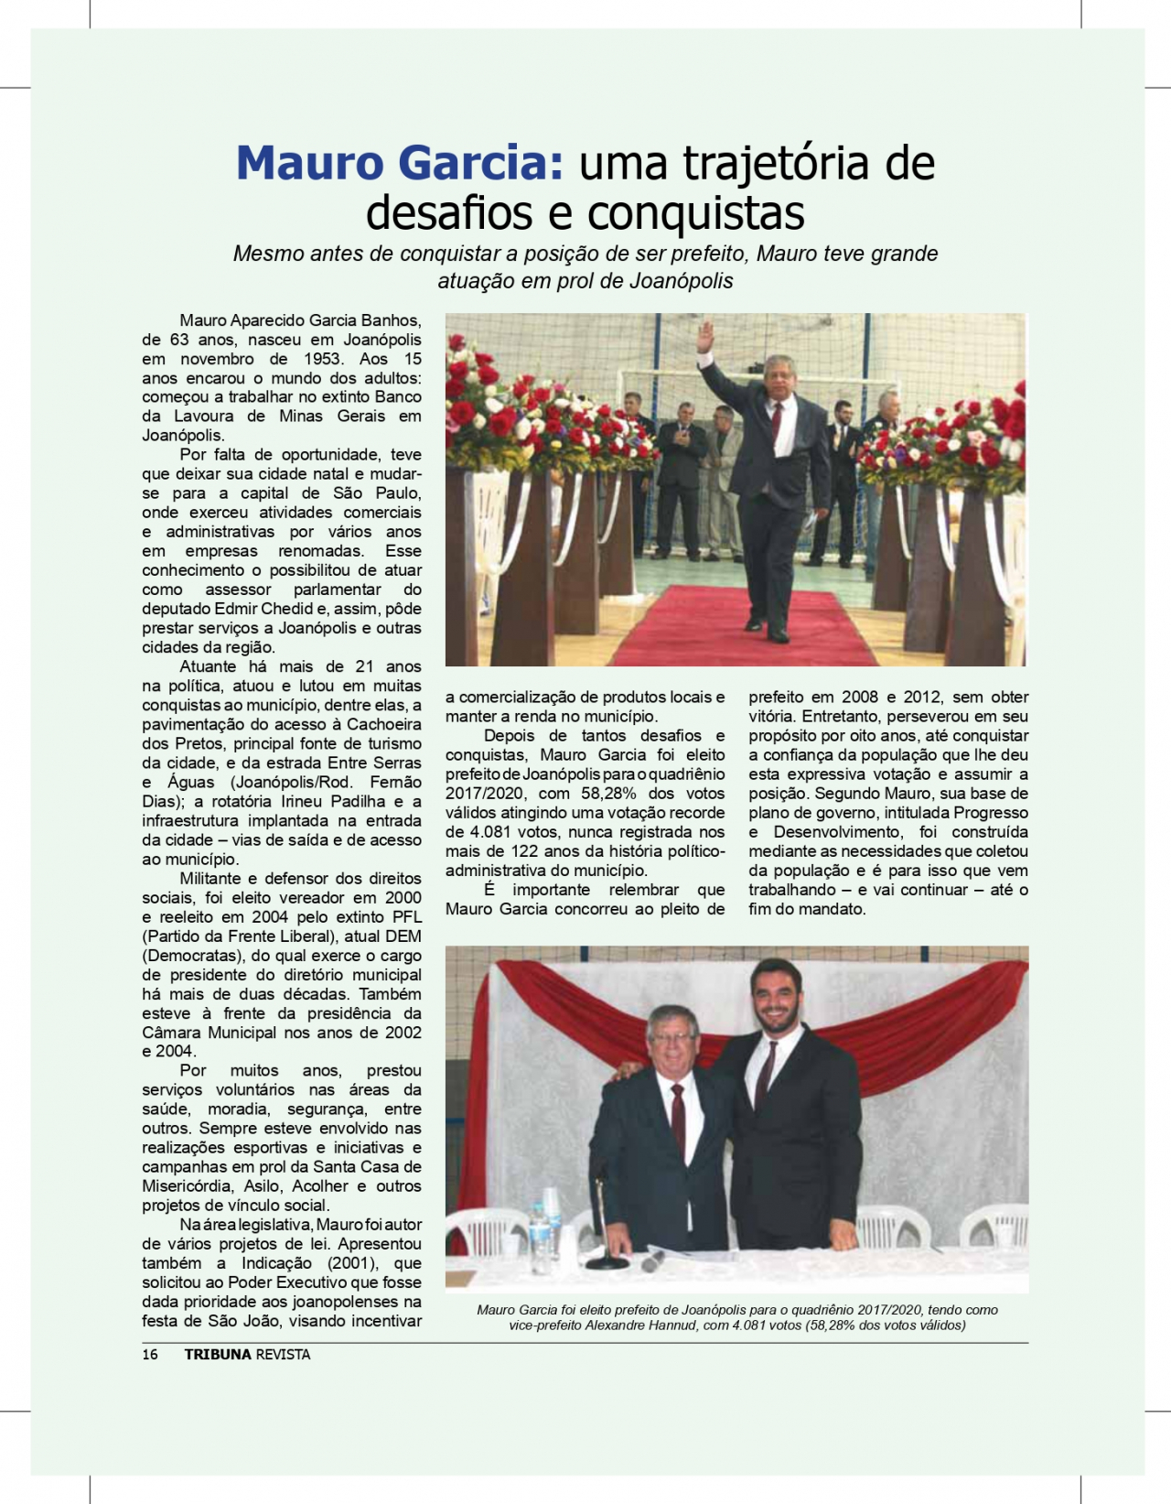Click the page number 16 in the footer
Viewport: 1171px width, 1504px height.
[150, 1355]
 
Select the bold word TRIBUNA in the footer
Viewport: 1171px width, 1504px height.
[218, 1355]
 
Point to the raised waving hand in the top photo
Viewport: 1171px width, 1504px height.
[704, 337]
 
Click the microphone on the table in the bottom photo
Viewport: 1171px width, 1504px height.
[652, 1261]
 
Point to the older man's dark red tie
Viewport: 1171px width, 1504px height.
[678, 1121]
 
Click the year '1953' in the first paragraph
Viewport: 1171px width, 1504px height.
[322, 359]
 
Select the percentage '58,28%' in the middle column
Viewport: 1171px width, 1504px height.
[609, 794]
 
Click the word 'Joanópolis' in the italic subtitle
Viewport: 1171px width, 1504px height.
[682, 281]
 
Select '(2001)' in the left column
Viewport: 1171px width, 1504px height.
[352, 1263]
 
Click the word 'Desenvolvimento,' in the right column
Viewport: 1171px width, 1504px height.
[837, 832]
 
